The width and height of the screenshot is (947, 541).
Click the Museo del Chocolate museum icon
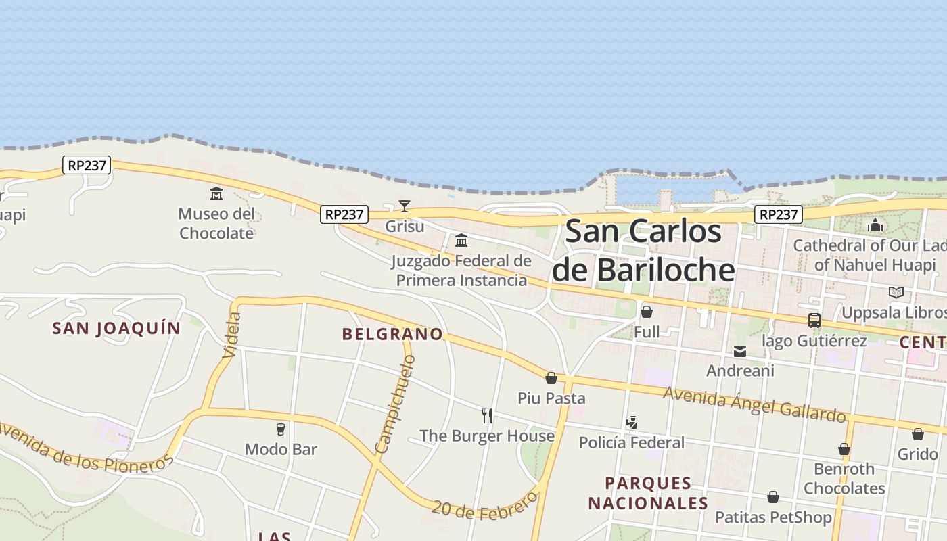click(x=216, y=194)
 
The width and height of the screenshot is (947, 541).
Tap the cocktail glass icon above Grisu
click(x=405, y=206)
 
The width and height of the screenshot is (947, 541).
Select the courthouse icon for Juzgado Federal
click(x=461, y=240)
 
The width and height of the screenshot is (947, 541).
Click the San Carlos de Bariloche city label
click(x=643, y=250)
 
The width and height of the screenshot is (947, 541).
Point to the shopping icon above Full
click(x=647, y=312)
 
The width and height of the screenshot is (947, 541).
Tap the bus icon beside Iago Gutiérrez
click(x=814, y=321)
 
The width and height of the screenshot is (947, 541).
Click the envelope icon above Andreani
click(x=740, y=352)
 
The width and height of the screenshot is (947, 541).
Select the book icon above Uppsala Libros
click(x=896, y=292)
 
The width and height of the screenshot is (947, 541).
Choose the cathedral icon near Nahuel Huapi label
click(x=875, y=225)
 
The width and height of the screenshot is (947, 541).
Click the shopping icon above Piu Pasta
click(x=551, y=378)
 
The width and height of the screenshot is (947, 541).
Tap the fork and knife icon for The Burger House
click(x=487, y=415)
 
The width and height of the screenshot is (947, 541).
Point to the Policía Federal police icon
click(x=632, y=423)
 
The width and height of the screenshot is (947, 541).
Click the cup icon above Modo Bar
click(x=281, y=429)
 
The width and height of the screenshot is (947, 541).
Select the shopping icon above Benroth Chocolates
click(x=844, y=449)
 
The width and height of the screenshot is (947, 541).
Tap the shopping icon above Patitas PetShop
click(x=773, y=498)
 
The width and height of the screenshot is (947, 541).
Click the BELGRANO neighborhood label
click(x=392, y=334)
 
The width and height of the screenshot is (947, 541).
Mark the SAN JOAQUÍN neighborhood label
click(x=117, y=329)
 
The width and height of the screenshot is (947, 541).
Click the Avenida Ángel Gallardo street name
click(x=754, y=404)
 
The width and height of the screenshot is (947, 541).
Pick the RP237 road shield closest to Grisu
click(x=344, y=214)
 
